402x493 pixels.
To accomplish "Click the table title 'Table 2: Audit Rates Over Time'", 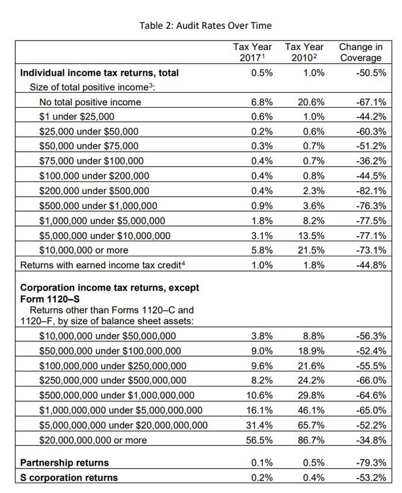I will (x=201, y=25).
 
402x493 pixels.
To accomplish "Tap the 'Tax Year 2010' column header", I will (x=304, y=53).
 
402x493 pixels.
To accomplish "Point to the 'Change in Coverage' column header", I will (x=361, y=53).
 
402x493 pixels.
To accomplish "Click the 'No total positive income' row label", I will (x=90, y=102).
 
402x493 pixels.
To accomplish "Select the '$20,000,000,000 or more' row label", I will (x=93, y=440).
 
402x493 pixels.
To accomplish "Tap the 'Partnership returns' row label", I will (x=65, y=463).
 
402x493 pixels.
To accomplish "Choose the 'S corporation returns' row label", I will (x=70, y=477).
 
